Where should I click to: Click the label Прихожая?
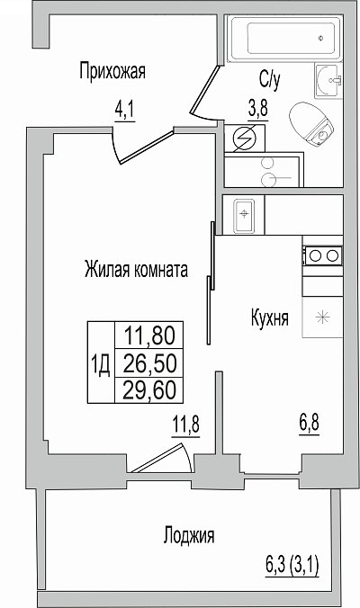[x=112, y=72]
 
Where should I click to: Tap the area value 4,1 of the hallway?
[x=124, y=112]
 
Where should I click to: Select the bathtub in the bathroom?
[x=284, y=39]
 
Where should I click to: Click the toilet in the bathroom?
[x=311, y=124]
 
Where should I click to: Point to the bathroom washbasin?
[x=328, y=81]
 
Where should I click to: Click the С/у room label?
[x=270, y=80]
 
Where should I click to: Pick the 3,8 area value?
[x=258, y=109]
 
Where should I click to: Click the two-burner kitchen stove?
[x=323, y=256]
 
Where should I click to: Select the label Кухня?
[x=270, y=318]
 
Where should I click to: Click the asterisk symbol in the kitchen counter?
[x=322, y=318]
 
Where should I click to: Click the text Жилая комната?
[x=136, y=270]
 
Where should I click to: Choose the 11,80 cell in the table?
[x=149, y=335]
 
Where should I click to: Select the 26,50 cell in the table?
[x=149, y=362]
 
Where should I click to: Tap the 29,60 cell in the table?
[x=149, y=389]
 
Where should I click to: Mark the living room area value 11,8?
[x=186, y=425]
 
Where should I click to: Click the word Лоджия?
[x=189, y=536]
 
